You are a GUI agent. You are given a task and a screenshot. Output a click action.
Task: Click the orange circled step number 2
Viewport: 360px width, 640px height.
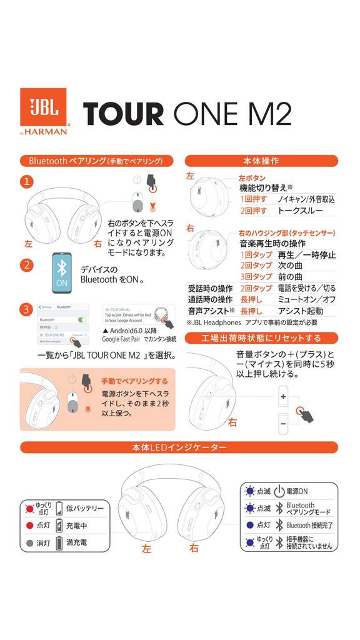point(26,264)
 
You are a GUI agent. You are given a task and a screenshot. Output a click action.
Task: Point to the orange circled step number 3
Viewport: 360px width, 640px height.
point(26,309)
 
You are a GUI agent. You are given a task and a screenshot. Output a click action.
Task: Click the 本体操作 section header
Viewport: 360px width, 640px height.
point(261,161)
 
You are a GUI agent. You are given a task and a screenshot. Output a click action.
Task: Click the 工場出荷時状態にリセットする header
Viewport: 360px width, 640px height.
point(261,338)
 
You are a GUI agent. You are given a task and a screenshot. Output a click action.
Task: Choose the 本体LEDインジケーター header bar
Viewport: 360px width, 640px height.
point(179,447)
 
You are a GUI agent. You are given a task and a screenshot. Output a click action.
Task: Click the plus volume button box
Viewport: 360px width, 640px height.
point(283,396)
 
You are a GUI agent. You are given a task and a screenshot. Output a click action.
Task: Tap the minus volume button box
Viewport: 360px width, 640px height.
point(283,424)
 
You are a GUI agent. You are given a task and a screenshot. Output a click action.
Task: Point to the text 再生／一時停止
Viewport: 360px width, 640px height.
point(306,254)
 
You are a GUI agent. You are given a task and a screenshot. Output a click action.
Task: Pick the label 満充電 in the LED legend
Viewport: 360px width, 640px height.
point(76,542)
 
